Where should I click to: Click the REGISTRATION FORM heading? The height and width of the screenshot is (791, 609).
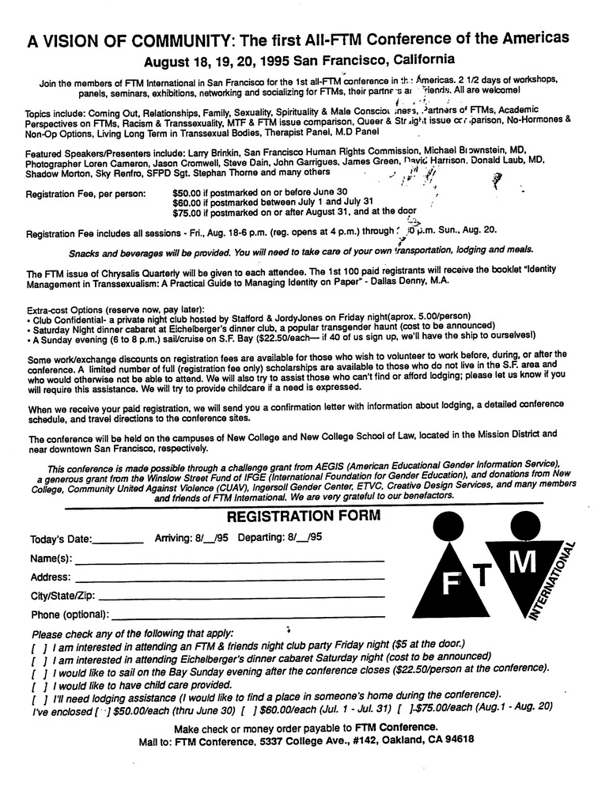pyautogui.click(x=303, y=517)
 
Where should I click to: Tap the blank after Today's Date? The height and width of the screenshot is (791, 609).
pyautogui.click(x=118, y=541)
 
